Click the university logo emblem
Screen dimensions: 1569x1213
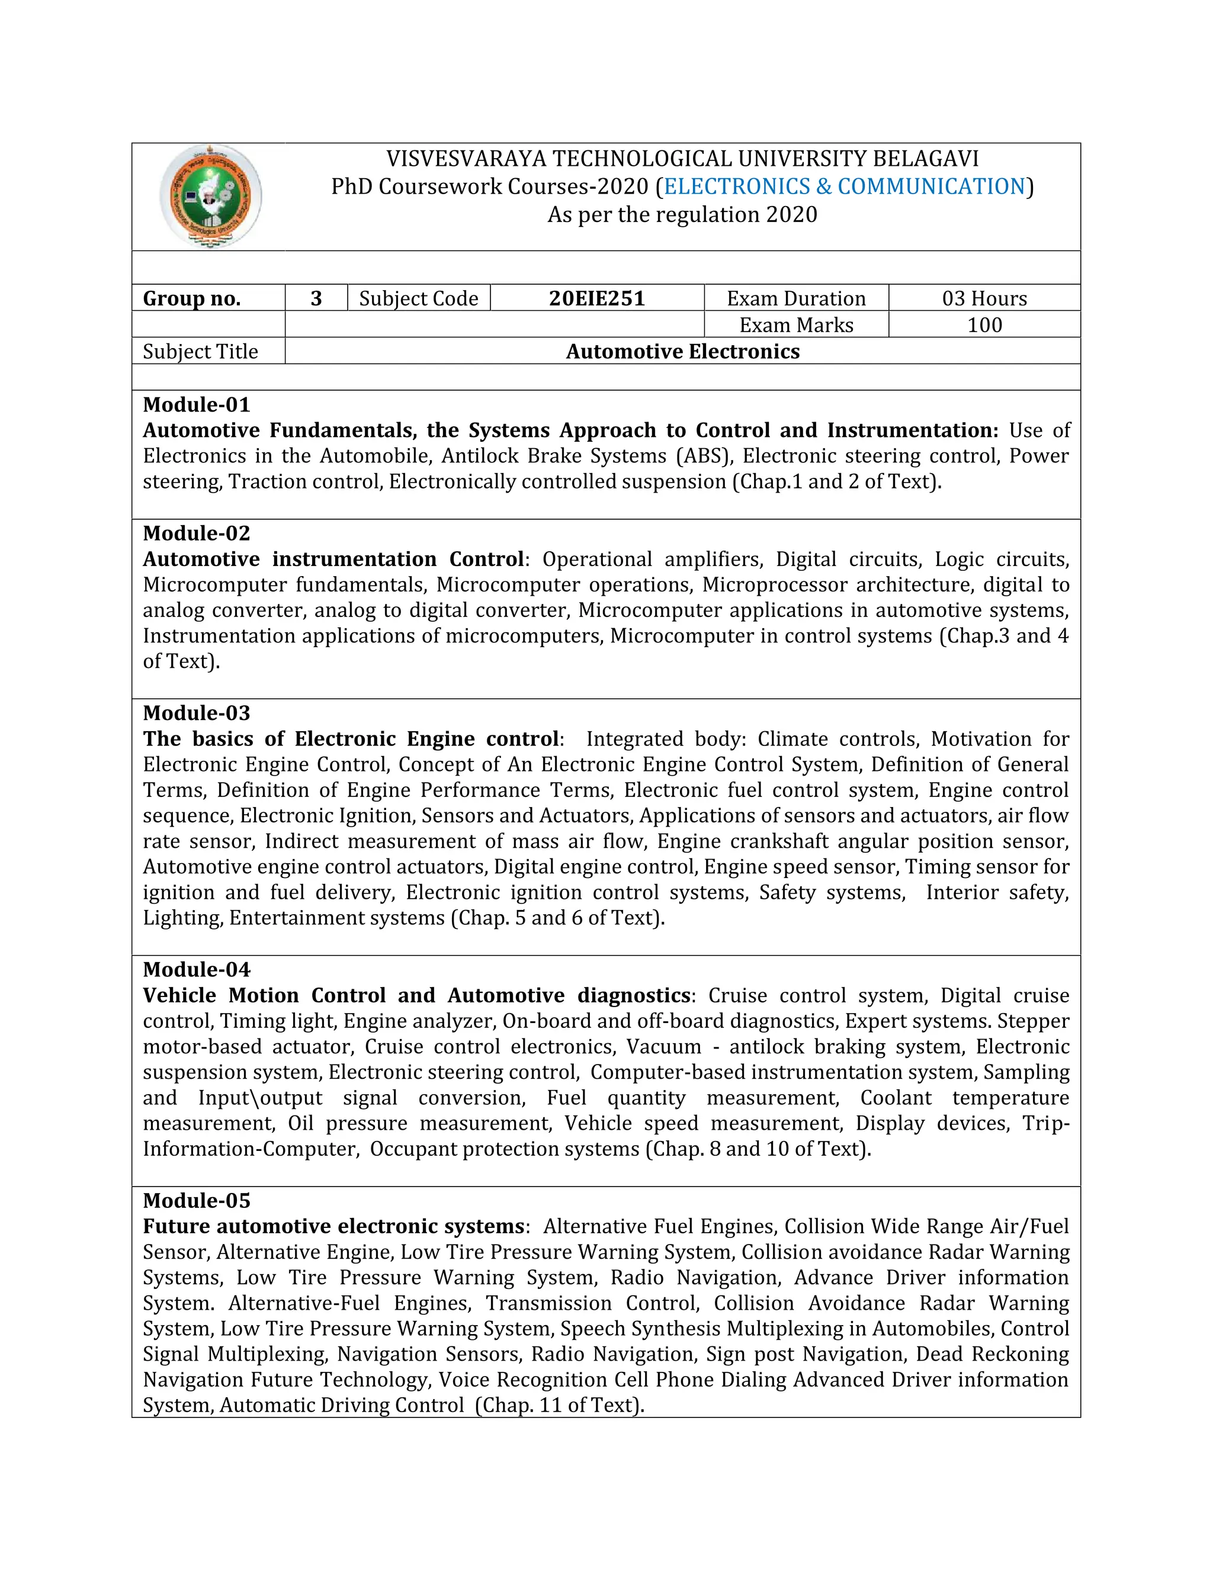tap(210, 196)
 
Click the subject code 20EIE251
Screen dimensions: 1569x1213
tap(596, 298)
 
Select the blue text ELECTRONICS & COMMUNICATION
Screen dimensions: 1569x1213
tap(845, 186)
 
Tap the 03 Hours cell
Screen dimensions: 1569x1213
tap(984, 298)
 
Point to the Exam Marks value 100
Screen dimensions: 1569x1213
tap(984, 324)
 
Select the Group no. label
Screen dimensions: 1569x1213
tap(192, 298)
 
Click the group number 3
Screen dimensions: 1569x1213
tap(316, 298)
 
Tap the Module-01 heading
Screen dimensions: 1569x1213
tap(196, 404)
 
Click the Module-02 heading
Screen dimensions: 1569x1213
tap(196, 533)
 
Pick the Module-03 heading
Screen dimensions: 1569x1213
tap(196, 713)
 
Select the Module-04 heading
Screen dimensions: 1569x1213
tap(196, 969)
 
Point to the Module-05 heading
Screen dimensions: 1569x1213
tap(196, 1201)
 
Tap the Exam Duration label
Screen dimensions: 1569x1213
tap(795, 298)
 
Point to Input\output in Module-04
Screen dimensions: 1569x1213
tap(260, 1098)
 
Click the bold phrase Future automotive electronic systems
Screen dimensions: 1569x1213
tap(333, 1226)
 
